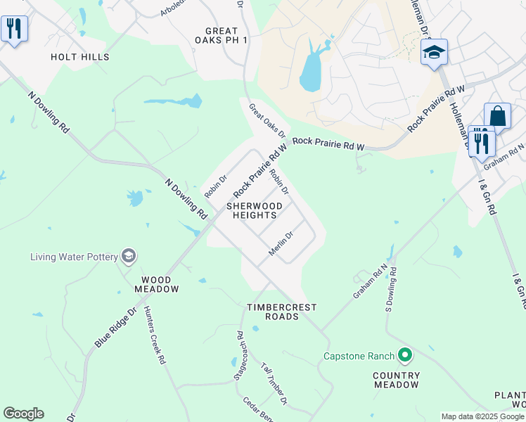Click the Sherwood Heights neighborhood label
pos(254,210)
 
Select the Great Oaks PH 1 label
pos(226,36)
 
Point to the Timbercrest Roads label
pos(282,312)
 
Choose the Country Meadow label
pos(397,380)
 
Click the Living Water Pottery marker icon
pos(128,256)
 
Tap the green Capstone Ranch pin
pos(404,355)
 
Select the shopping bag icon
pos(497,115)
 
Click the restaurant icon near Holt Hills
pos(14,29)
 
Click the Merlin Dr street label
pos(281,243)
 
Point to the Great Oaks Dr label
pos(267,120)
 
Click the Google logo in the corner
pos(23,414)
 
